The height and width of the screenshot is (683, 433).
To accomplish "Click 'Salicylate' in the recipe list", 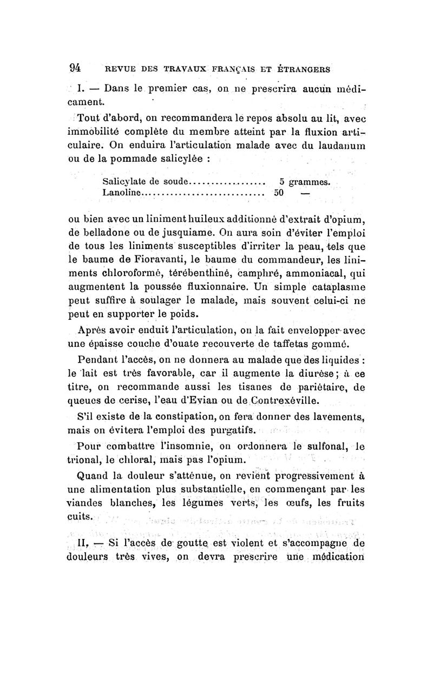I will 122,181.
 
